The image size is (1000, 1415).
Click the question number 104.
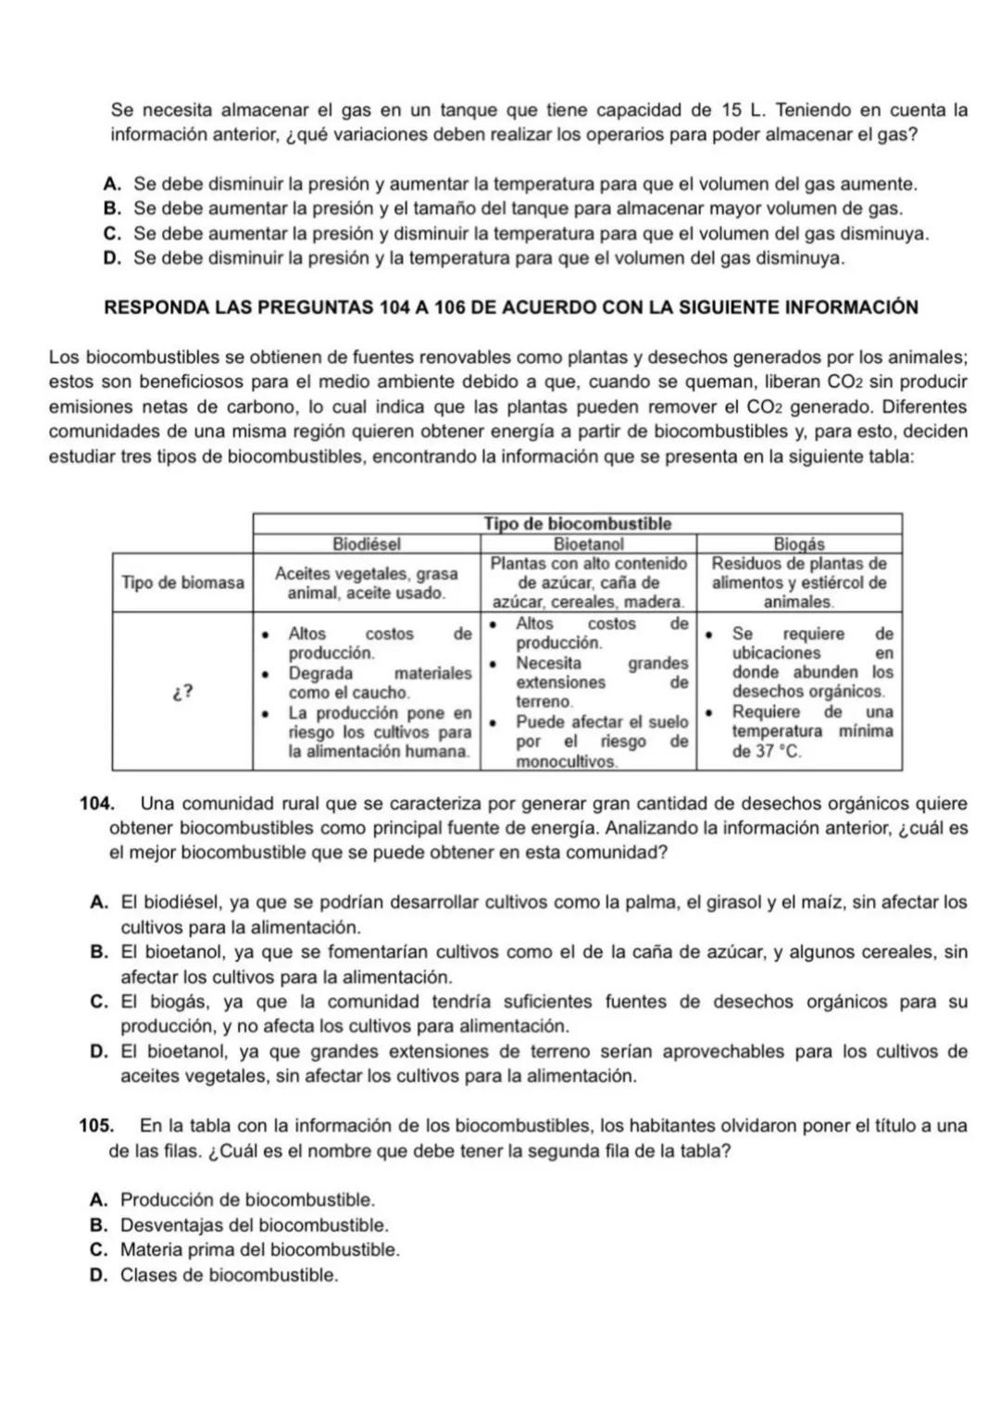95,804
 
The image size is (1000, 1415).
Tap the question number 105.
95,1127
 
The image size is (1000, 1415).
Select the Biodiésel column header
366,545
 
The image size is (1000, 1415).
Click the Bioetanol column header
588,545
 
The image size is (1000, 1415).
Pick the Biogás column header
798,545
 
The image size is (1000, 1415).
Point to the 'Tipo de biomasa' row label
182,582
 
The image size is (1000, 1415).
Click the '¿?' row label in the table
182,692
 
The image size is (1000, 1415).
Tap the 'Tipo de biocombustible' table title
577,524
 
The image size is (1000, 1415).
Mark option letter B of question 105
98,1225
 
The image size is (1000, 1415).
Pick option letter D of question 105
98,1275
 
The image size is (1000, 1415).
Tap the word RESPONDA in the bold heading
147,308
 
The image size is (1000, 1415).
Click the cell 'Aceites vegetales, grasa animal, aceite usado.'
366,583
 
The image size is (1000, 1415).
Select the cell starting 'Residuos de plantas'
798,582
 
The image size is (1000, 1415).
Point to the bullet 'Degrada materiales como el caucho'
366,683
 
